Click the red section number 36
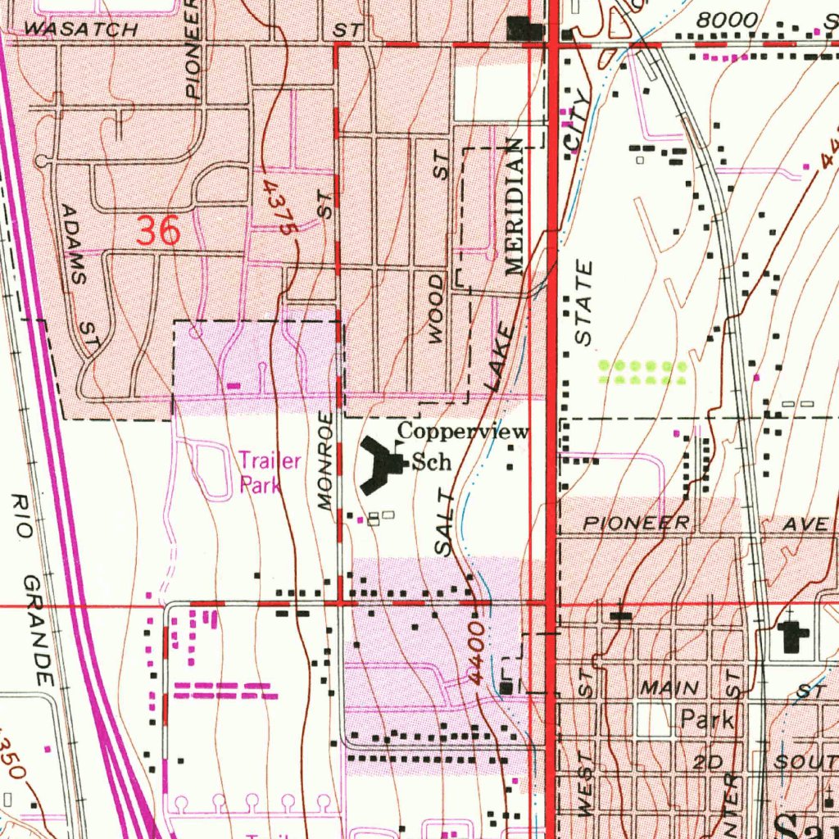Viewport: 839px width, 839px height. coord(158,232)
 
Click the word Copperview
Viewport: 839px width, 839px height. coord(463,432)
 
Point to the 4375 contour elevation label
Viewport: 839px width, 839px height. coord(277,210)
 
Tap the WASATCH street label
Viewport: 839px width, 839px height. coord(80,29)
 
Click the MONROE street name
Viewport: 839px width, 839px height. coord(327,463)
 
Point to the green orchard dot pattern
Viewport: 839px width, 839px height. coord(643,373)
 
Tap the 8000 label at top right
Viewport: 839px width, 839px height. coord(721,20)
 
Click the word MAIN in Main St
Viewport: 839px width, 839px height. coord(669,687)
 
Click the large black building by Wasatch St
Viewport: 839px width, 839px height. coord(524,29)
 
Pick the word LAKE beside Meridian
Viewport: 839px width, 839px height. coord(500,357)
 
